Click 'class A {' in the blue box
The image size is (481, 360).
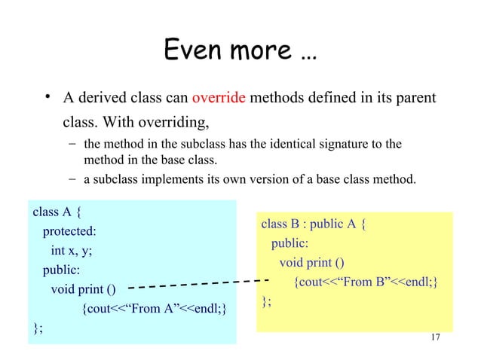coord(57,211)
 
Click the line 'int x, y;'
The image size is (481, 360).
coord(75,250)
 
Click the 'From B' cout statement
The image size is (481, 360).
coord(366,282)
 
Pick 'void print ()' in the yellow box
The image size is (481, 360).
coord(311,263)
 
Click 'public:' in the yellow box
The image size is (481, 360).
coord(290,243)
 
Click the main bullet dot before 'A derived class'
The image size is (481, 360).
coord(47,99)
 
